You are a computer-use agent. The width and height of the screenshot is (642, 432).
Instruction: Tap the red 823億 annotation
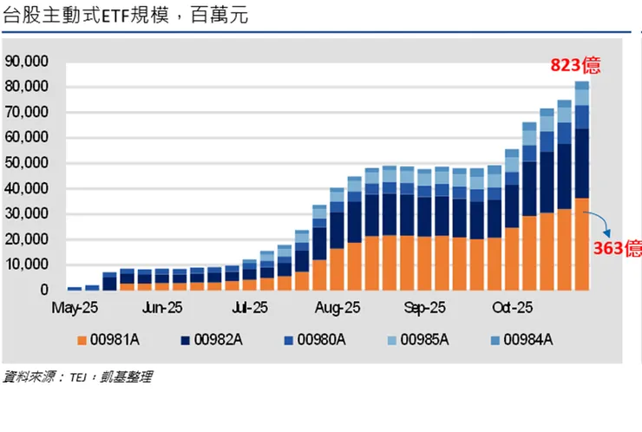(575, 66)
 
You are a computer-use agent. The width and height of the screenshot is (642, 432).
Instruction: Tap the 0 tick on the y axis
(43, 290)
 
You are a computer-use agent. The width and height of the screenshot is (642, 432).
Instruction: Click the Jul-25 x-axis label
(250, 308)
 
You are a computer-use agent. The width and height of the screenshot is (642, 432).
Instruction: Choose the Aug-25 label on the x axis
(337, 308)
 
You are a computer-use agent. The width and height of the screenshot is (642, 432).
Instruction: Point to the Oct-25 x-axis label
(513, 308)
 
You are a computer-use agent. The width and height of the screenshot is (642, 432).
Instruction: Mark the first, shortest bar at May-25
(75, 287)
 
